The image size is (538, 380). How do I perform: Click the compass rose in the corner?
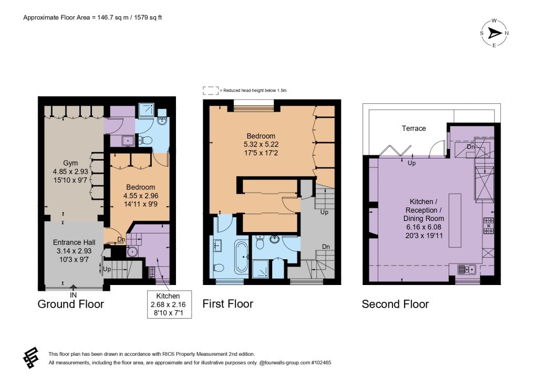click(x=494, y=33)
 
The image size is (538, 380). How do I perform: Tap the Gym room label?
click(x=70, y=171)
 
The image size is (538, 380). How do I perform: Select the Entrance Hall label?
click(x=74, y=251)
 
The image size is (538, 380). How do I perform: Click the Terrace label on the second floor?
click(x=414, y=129)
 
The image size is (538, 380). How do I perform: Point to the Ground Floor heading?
click(x=71, y=304)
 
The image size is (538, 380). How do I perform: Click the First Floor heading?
click(x=228, y=303)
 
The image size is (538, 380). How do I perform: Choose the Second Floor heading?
click(x=395, y=304)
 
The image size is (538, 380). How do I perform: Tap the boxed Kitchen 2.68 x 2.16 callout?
click(x=169, y=304)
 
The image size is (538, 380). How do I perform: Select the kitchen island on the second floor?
click(x=455, y=220)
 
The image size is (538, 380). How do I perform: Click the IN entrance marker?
click(x=73, y=295)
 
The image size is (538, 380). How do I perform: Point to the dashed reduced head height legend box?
click(x=210, y=90)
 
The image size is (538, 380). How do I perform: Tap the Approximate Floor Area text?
click(x=92, y=17)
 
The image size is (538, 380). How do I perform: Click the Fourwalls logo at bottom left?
click(x=30, y=358)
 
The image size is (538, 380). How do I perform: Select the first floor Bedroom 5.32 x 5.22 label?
click(x=261, y=144)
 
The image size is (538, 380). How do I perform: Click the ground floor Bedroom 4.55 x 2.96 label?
click(x=141, y=196)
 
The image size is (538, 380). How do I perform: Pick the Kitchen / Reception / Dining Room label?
click(x=424, y=218)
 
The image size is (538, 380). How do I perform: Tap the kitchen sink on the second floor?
click(x=467, y=270)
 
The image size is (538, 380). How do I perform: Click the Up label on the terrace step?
click(x=412, y=163)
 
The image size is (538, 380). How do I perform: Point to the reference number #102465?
click(x=321, y=363)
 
